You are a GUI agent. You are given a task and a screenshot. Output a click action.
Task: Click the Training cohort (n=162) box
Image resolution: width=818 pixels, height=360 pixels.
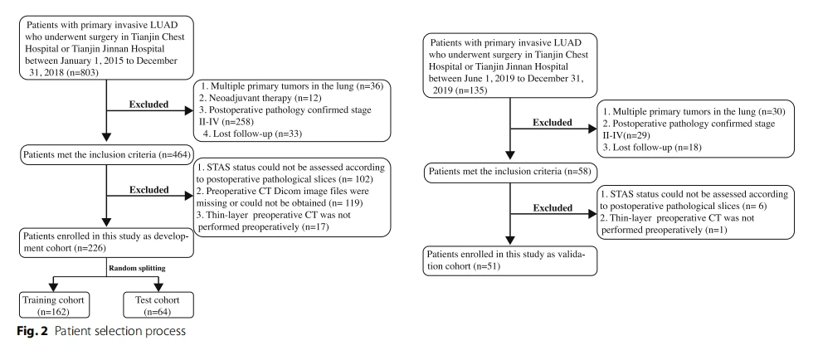pyautogui.click(x=53, y=305)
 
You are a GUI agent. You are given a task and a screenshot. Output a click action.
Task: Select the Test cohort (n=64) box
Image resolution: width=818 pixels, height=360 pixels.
pyautogui.click(x=158, y=305)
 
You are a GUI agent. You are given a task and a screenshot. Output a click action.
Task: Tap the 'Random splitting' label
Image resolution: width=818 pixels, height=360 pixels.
pyautogui.click(x=137, y=268)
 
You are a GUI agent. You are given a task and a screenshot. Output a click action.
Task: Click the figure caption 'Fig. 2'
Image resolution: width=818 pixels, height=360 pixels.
pyautogui.click(x=32, y=331)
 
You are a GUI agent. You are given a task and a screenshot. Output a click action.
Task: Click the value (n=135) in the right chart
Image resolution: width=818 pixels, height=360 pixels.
pyautogui.click(x=471, y=90)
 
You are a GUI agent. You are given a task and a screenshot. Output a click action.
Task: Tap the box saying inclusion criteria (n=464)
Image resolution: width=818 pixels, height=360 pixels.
pyautogui.click(x=106, y=154)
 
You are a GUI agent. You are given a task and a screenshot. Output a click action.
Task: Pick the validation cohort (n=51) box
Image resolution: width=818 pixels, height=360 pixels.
pyautogui.click(x=509, y=260)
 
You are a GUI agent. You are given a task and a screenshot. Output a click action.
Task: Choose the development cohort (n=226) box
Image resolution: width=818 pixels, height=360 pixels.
pyautogui.click(x=106, y=242)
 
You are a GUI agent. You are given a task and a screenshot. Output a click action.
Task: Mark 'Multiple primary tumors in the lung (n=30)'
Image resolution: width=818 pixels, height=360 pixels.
pyautogui.click(x=694, y=112)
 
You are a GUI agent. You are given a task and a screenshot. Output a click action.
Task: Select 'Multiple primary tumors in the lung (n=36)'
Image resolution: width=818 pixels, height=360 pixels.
pyautogui.click(x=292, y=86)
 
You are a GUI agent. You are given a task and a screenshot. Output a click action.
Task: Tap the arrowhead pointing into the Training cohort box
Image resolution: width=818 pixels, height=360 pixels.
pyautogui.click(x=53, y=287)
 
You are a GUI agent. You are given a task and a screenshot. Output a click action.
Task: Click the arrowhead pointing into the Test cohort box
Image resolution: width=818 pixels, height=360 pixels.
pyautogui.click(x=158, y=287)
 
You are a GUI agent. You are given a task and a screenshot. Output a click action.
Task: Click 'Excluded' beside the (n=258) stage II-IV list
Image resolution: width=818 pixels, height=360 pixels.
pyautogui.click(x=149, y=105)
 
